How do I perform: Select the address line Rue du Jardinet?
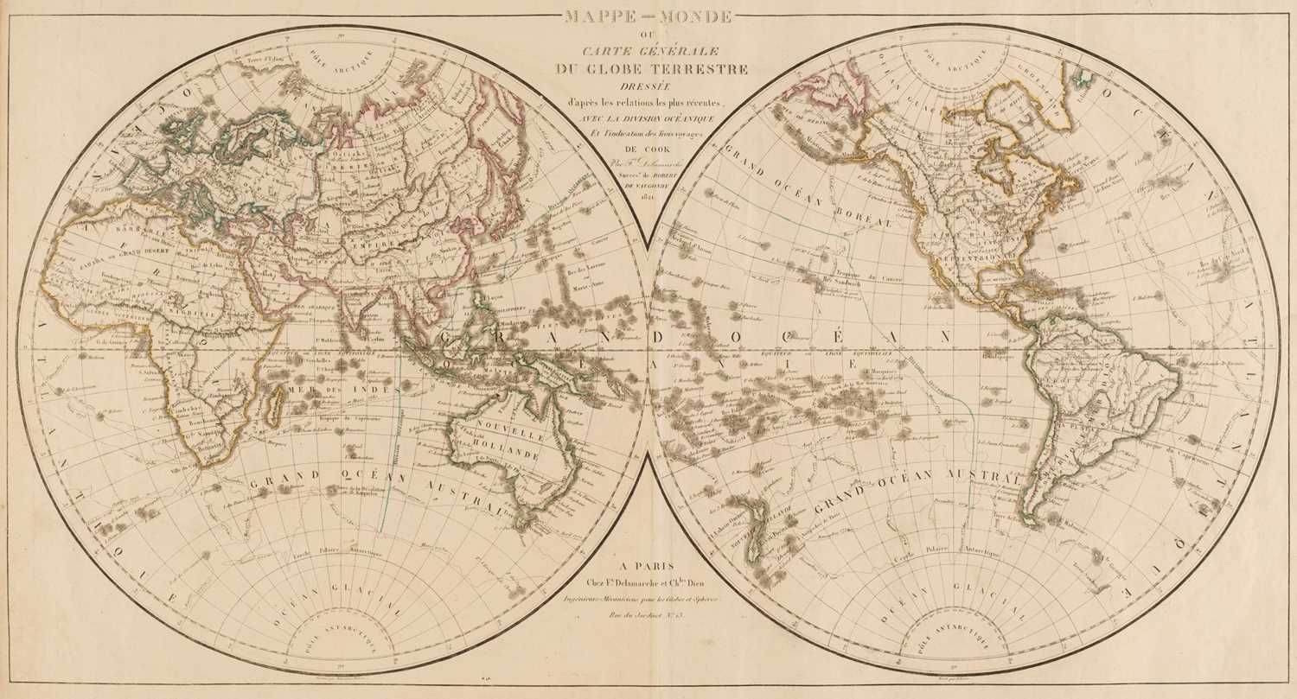point(648,614)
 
